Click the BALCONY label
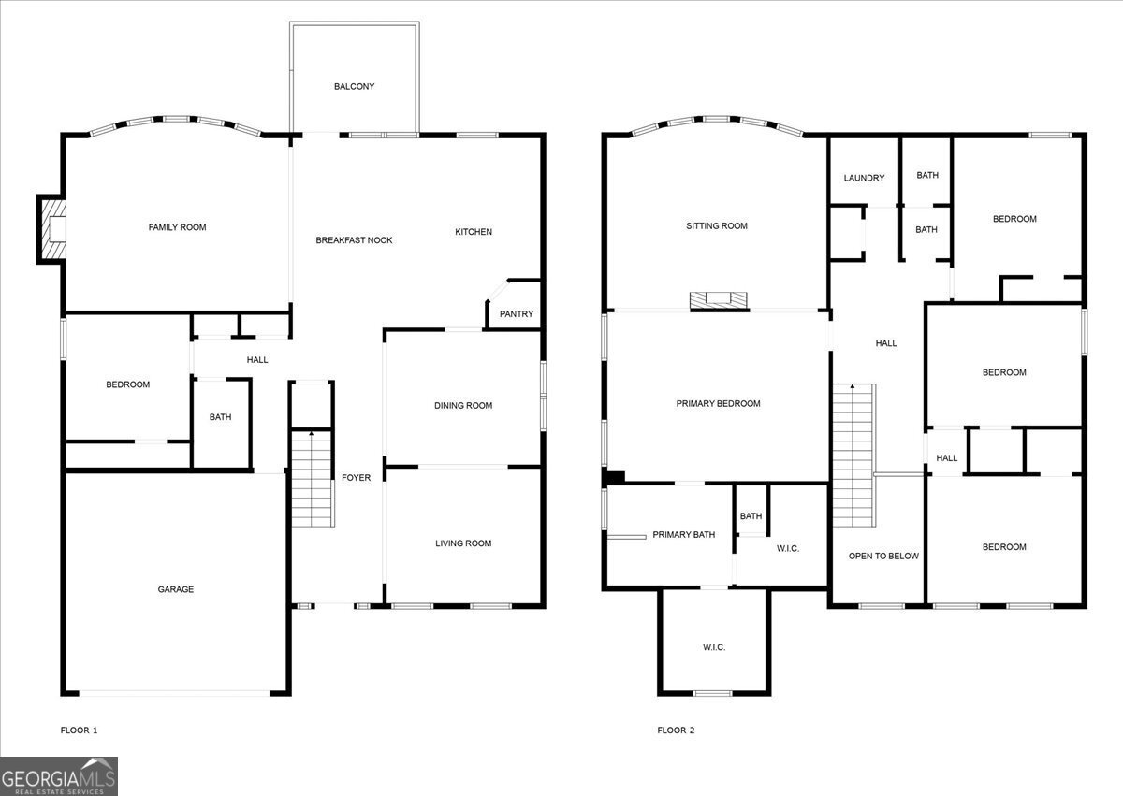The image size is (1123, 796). pos(354,87)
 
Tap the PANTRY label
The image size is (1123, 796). pos(516,314)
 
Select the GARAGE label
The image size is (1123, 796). pos(176,589)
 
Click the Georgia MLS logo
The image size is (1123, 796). pos(59,776)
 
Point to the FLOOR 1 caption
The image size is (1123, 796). pos(79,731)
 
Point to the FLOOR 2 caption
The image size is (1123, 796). pos(676,731)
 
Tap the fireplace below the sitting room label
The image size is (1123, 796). pos(719,300)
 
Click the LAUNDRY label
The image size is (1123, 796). pos(864,178)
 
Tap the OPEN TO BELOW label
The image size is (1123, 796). pos(883,557)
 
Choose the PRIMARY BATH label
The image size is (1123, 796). pos(683,535)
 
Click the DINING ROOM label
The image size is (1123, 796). pos(463,406)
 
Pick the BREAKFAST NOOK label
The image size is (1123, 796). pos(354,240)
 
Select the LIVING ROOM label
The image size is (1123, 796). pos(463,543)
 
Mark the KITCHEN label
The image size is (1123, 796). pos(474,232)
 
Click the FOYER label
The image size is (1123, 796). pos(356,478)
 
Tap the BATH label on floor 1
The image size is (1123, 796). pos(220,417)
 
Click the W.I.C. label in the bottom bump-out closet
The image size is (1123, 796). pos(713,647)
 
